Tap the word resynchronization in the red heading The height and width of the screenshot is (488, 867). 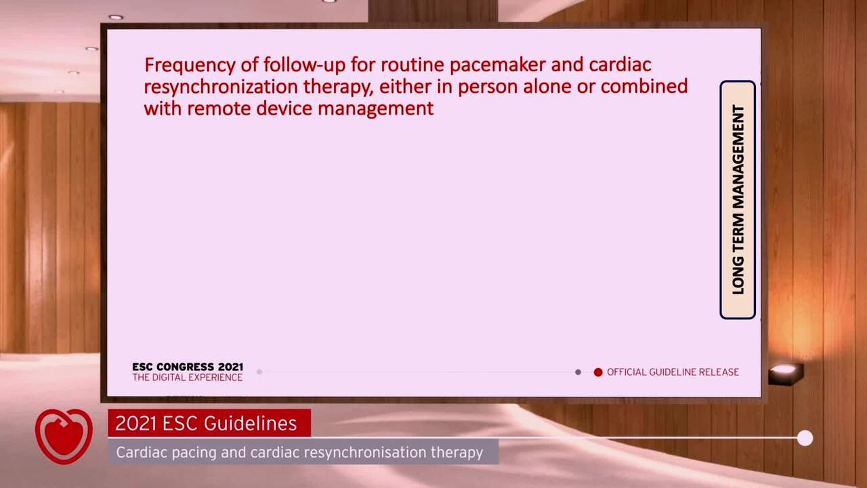220,87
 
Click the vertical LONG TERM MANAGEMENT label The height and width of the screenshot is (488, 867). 738,200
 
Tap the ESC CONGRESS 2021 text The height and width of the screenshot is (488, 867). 188,367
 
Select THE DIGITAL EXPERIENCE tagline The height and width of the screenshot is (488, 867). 188,378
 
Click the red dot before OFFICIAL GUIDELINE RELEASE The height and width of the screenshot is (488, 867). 598,372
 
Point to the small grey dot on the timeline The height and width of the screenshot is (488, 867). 578,372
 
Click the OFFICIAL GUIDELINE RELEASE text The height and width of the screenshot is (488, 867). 673,372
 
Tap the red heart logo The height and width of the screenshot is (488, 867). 64,435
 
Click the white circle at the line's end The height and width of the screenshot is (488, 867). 805,439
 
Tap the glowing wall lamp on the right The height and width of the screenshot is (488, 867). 785,371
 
